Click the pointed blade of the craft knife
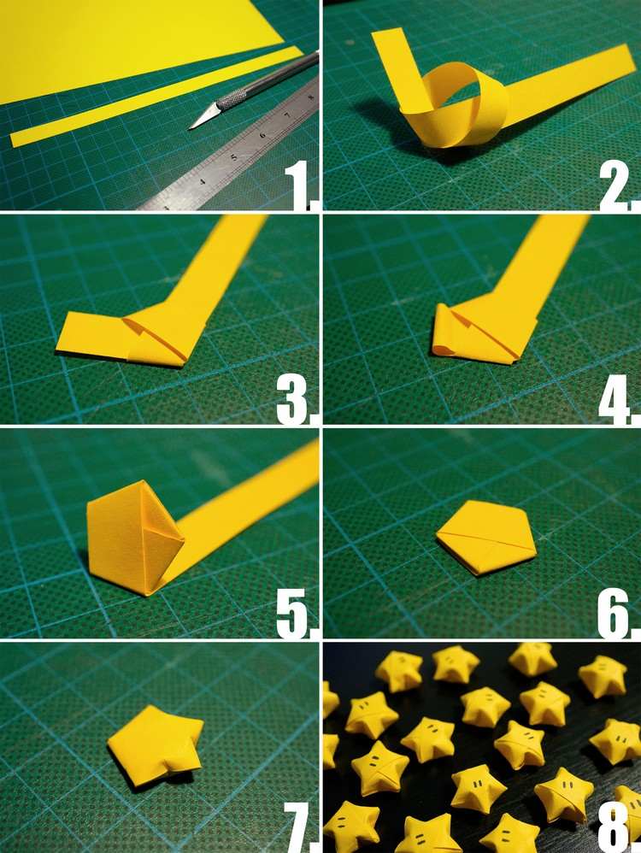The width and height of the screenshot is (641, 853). click(203, 118)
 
